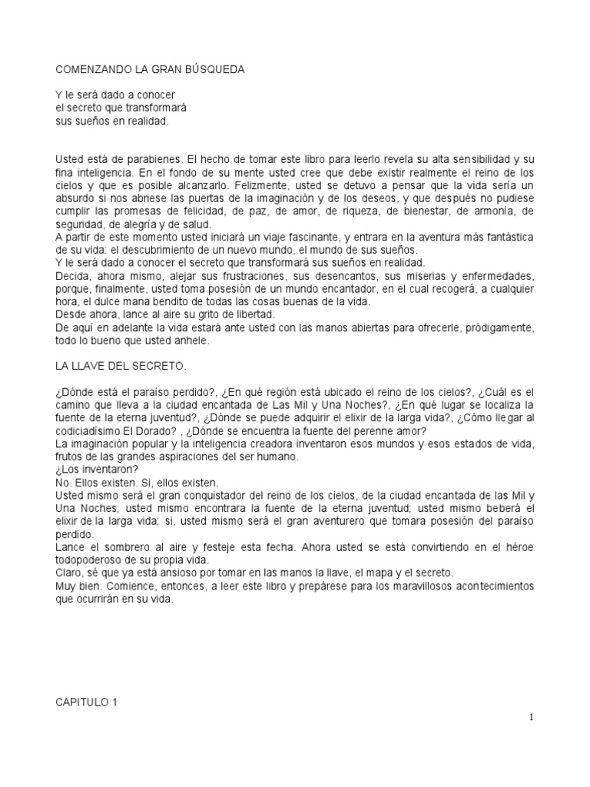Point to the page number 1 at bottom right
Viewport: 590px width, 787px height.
click(x=530, y=718)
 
